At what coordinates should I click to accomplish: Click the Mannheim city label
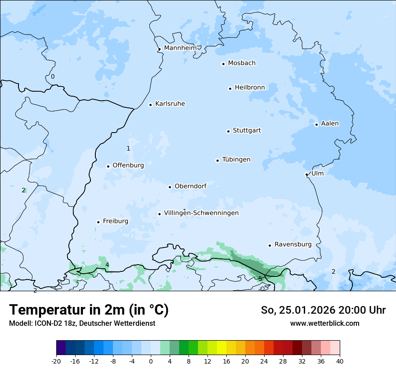pyautogui.click(x=180, y=48)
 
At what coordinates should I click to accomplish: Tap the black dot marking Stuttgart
pyautogui.click(x=228, y=131)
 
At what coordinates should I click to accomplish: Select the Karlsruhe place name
pyautogui.click(x=170, y=104)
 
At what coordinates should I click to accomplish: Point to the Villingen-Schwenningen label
pyautogui.click(x=201, y=213)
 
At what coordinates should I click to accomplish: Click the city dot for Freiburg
pyautogui.click(x=98, y=222)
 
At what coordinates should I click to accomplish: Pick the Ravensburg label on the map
pyautogui.click(x=292, y=244)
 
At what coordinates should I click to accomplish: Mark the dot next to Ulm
pyautogui.click(x=306, y=174)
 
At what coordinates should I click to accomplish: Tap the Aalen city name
pyautogui.click(x=330, y=124)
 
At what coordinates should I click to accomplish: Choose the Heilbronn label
pyautogui.click(x=250, y=87)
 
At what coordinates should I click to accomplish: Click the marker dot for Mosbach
pyautogui.click(x=223, y=64)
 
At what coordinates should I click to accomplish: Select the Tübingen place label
pyautogui.click(x=236, y=160)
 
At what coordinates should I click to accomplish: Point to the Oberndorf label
pyautogui.click(x=190, y=186)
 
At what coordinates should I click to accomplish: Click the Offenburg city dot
pyautogui.click(x=108, y=166)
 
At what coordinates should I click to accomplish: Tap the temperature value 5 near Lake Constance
pyautogui.click(x=260, y=279)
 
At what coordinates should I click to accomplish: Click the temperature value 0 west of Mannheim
pyautogui.click(x=53, y=76)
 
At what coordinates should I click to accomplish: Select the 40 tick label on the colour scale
pyautogui.click(x=340, y=361)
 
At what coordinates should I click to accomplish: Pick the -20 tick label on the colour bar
pyautogui.click(x=56, y=361)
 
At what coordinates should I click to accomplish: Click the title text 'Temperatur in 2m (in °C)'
pyautogui.click(x=89, y=310)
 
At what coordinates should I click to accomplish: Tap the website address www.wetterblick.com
pyautogui.click(x=324, y=323)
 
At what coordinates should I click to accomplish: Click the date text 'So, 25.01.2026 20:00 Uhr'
pyautogui.click(x=323, y=310)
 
